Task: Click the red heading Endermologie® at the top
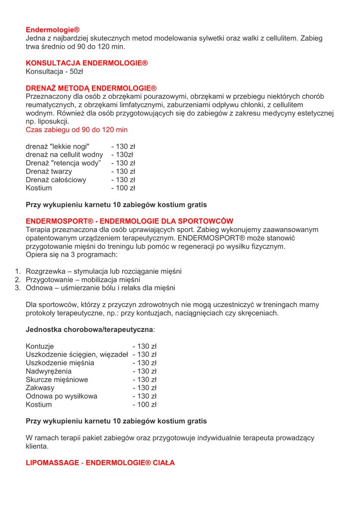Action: point(53,30)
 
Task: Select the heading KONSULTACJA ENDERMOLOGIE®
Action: point(87,63)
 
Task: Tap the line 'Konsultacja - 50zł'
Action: point(54,71)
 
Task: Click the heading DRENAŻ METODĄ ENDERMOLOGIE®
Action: point(91,88)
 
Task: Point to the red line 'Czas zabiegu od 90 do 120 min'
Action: point(76,129)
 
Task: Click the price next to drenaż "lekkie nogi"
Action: point(123,146)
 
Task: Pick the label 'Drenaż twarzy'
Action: point(49,172)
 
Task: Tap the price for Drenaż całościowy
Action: point(123,180)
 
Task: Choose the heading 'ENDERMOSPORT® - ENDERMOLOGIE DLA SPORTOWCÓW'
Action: point(129,221)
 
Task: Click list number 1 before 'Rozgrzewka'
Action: point(16,271)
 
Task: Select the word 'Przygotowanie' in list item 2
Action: point(49,279)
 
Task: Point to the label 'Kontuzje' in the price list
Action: point(40,346)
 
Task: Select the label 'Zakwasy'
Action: point(40,387)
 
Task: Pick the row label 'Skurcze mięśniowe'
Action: point(57,380)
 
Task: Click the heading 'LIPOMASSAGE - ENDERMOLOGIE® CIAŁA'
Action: point(100,462)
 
